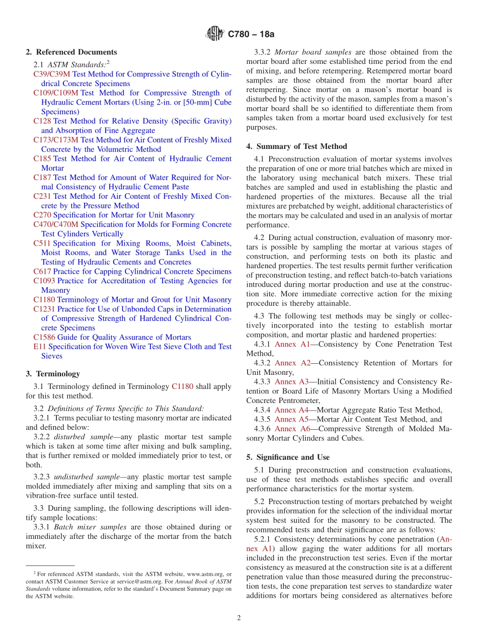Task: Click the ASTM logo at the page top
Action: tap(215, 34)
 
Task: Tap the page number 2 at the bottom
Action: tap(239, 618)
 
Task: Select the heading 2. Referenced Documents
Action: tap(71, 52)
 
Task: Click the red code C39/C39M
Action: tap(52, 74)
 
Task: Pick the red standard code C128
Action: tap(42, 121)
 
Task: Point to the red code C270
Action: tap(42, 215)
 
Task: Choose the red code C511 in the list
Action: tap(42, 244)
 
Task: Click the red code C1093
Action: tap(44, 281)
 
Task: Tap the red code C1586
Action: tap(44, 337)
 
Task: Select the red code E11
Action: tap(40, 347)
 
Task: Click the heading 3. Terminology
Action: tap(53, 374)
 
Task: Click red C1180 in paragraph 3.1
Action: tap(182, 386)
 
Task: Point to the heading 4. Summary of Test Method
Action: tap(297, 146)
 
